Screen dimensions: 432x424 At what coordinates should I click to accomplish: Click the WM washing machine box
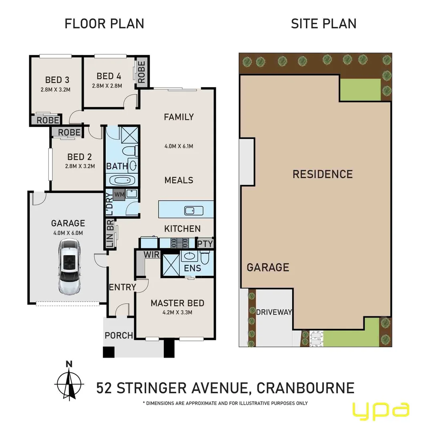[119, 194]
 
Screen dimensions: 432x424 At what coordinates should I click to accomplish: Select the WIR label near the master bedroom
[152, 254]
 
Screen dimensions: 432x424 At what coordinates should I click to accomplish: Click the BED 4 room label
[109, 76]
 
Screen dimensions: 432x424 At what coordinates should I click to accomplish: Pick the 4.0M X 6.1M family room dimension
[179, 146]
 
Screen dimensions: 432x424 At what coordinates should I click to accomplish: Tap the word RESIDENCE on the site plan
[322, 174]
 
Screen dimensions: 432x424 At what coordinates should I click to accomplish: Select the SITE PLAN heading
[324, 24]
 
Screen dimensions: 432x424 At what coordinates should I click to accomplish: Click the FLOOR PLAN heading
[104, 24]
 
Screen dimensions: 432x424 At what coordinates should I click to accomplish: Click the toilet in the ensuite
[205, 260]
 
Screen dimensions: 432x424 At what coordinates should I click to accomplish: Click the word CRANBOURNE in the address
[305, 388]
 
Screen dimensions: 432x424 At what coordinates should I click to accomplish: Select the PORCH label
[119, 335]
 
